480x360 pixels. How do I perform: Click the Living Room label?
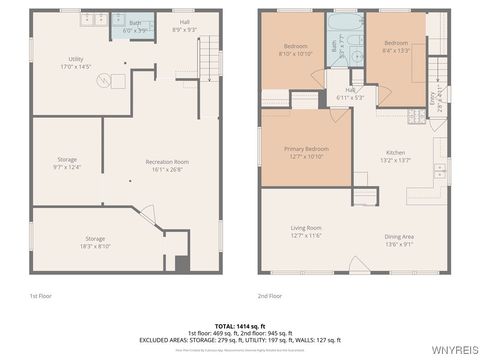pyautogui.click(x=306, y=231)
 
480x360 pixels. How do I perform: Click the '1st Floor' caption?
pyautogui.click(x=41, y=296)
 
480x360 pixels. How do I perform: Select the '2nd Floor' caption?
pyautogui.click(x=270, y=296)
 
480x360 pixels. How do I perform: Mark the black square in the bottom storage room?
pyautogui.click(x=181, y=263)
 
